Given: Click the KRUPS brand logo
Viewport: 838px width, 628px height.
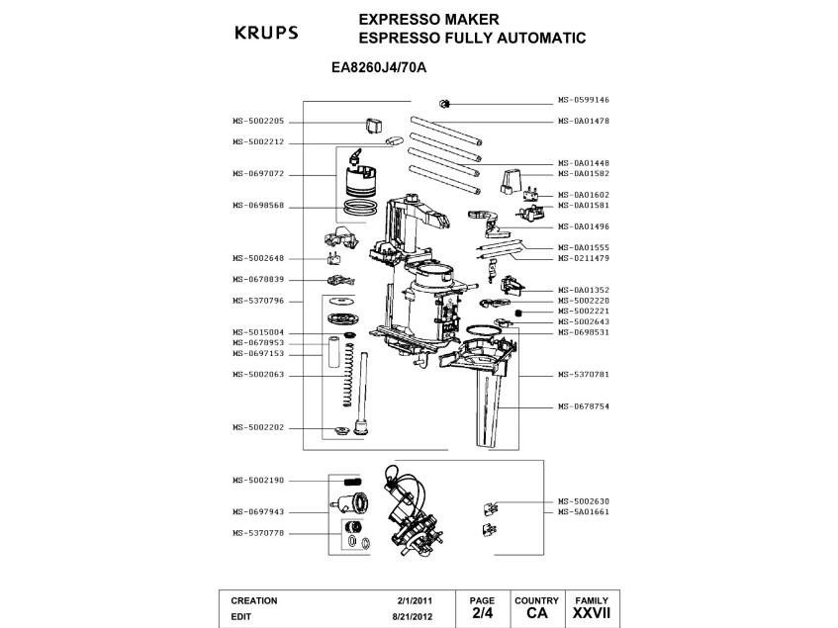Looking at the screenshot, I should pos(265,33).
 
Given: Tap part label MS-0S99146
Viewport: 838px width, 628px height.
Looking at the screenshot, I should pos(583,100).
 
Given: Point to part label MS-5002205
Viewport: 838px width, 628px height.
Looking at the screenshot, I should pos(258,121).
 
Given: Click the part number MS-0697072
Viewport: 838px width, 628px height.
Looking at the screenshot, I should pos(258,173).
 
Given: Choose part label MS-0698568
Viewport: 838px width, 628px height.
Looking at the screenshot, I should pos(258,206).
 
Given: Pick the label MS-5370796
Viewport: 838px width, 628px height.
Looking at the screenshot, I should pos(258,301).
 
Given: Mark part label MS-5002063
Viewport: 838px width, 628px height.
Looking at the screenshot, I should pos(258,374).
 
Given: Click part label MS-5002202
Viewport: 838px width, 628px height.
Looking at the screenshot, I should pos(258,427).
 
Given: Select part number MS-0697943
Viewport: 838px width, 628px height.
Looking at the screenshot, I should pos(258,511).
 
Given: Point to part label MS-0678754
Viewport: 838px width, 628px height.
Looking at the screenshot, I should pos(583,405).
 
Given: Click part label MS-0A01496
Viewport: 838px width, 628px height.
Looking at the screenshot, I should pos(583,225).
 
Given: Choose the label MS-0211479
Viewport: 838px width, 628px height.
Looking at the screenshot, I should pos(583,257).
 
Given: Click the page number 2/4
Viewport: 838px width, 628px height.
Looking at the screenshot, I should pos(482,614).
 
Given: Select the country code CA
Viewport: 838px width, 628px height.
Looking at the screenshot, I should pos(536,614).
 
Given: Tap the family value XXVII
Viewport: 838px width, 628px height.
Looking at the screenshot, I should pos(592,614).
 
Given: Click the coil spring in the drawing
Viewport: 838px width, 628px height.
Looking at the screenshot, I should pos(346,374).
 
